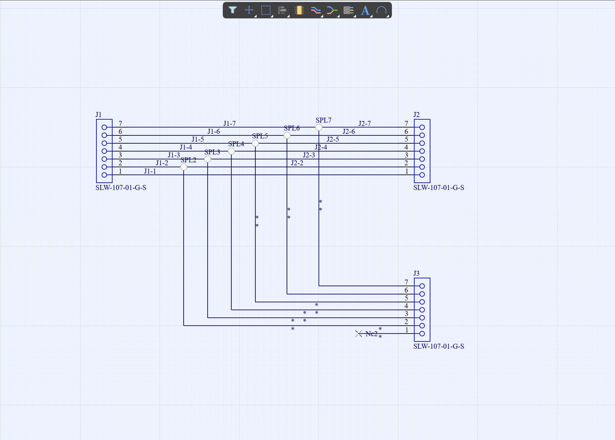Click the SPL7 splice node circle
coord(319,127)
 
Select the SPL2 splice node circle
coord(184,167)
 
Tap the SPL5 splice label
coord(260,136)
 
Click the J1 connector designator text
coord(98,115)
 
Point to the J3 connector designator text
coord(416,273)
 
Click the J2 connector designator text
coord(416,115)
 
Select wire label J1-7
coord(229,124)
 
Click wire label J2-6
coord(348,131)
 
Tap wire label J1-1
coord(150,171)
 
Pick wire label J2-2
coord(297,163)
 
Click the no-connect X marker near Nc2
coord(359,334)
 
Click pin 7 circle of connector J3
coord(422,286)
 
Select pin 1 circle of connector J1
coord(104,175)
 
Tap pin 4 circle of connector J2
coord(422,151)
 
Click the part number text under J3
coord(439,346)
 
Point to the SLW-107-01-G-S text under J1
coord(121,188)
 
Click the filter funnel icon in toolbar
coord(233,10)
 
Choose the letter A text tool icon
coord(365,11)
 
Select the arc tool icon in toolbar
coord(381,11)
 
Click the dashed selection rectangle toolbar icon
coord(266,11)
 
